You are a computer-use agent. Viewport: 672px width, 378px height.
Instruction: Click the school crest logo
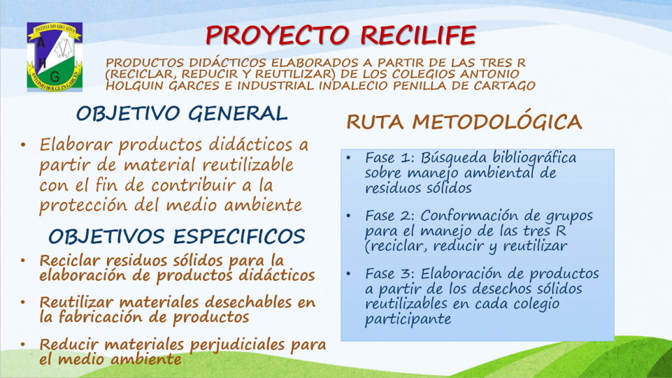[54, 57]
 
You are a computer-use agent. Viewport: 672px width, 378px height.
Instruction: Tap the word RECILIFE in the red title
[418, 35]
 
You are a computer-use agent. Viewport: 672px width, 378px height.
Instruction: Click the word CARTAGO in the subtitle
[504, 85]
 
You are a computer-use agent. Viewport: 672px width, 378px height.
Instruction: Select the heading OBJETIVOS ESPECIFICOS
[177, 237]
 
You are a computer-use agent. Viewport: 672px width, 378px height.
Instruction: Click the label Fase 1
[389, 158]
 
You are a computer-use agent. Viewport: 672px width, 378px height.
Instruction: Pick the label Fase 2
[389, 216]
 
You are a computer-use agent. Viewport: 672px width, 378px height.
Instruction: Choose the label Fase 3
[389, 274]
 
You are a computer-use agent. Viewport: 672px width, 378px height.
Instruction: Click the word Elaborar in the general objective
[76, 145]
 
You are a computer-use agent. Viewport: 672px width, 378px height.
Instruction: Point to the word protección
[83, 206]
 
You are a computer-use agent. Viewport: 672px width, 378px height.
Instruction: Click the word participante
[408, 319]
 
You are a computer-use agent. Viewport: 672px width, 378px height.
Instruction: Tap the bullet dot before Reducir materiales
[23, 344]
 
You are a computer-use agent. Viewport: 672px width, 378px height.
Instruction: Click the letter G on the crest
[55, 77]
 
